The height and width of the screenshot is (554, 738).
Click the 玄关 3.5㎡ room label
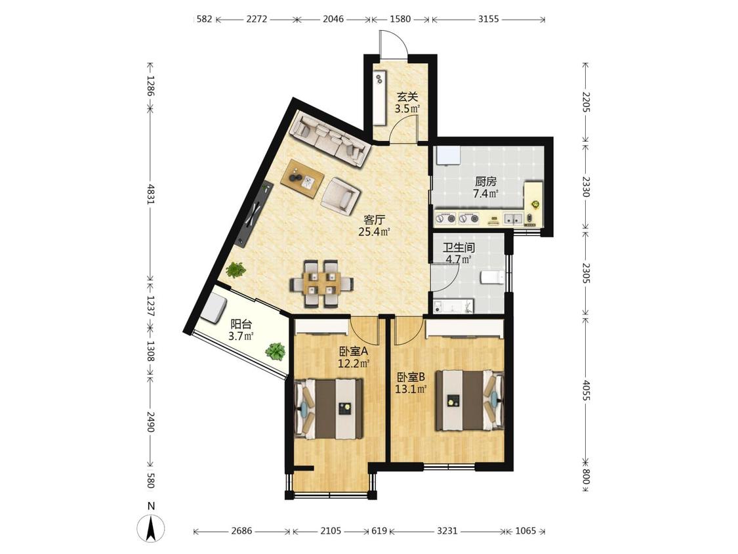407,103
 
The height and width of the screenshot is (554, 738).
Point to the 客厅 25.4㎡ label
375,226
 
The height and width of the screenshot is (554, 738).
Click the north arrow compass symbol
151,524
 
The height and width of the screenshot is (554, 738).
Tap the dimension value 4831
151,193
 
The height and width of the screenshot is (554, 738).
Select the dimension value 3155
488,19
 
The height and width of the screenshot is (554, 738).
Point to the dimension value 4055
586,390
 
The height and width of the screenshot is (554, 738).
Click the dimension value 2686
241,531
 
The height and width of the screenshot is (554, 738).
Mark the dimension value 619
379,531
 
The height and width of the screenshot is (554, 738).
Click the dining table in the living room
322,284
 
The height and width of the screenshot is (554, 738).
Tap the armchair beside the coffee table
340,194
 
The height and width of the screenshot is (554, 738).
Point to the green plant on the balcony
276,351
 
